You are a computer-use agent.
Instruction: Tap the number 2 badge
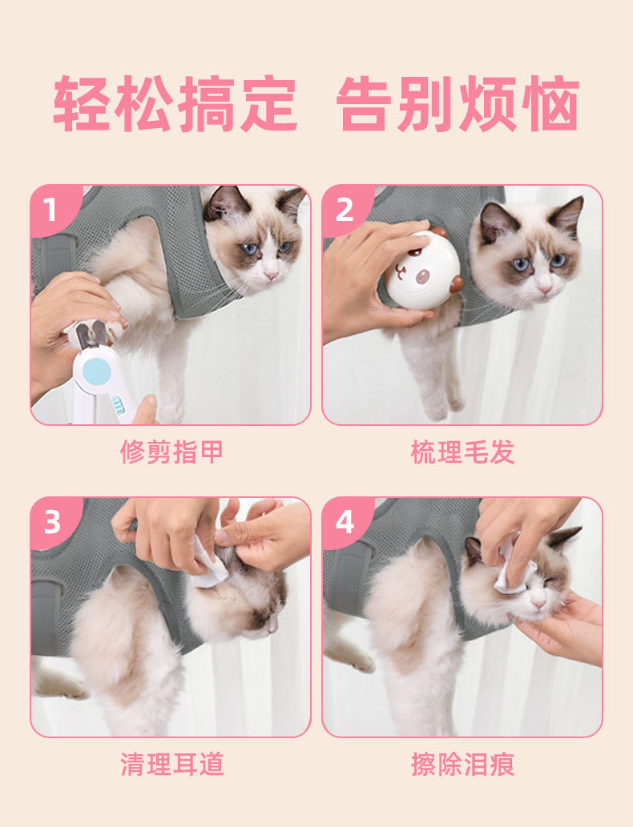(345, 209)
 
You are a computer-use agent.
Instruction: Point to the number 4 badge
(345, 522)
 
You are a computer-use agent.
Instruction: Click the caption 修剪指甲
(171, 452)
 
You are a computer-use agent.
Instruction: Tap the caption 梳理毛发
(463, 452)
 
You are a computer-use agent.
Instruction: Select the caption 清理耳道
(171, 765)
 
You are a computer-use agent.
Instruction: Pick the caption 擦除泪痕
(463, 765)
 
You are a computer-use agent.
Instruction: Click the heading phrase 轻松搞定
(175, 103)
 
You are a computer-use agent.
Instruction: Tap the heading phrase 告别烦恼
(458, 103)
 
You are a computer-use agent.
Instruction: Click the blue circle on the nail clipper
(97, 371)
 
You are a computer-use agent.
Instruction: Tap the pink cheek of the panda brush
(424, 277)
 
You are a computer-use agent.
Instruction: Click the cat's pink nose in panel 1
(272, 275)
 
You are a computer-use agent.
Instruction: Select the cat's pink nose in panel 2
(545, 289)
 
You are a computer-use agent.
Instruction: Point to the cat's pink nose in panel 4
(538, 603)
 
